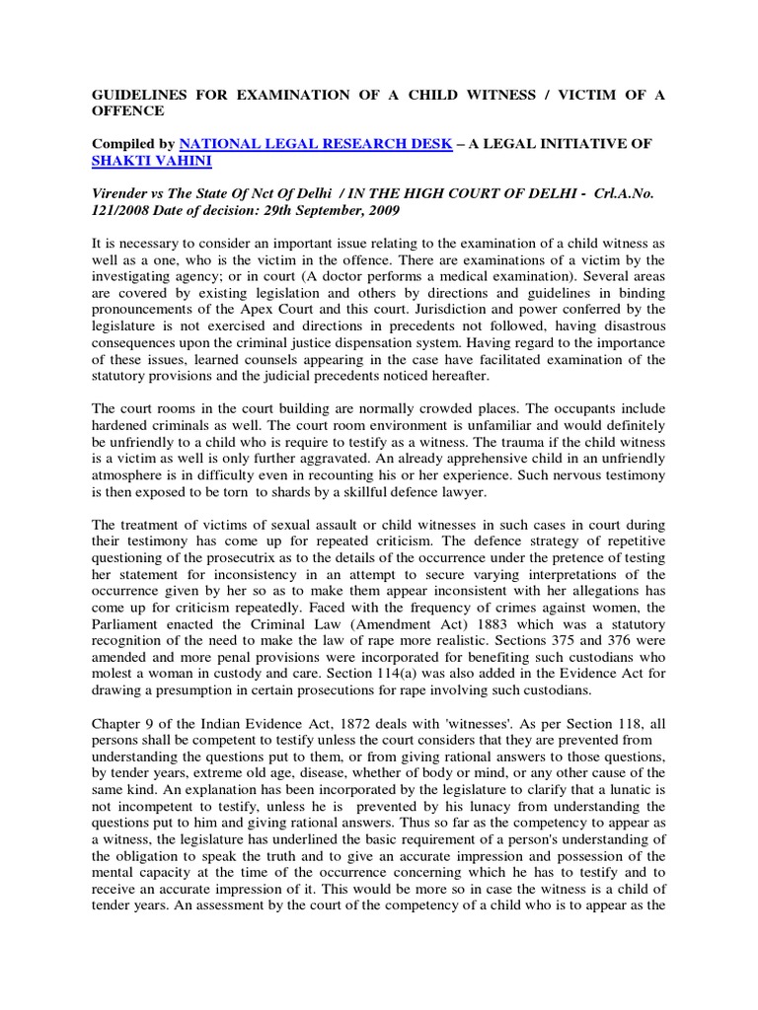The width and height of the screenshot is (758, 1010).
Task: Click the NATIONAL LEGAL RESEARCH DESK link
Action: pos(316,144)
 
